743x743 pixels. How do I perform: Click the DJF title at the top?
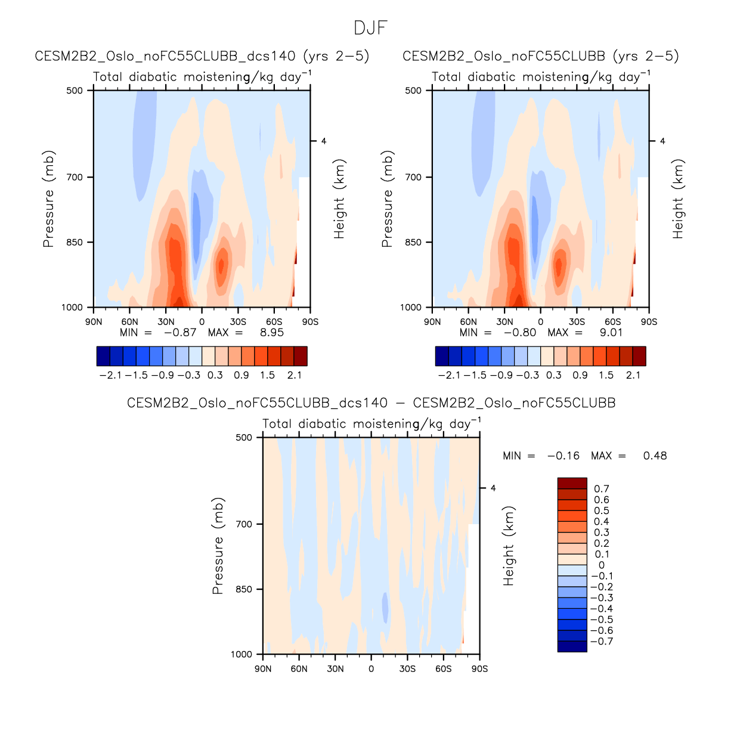point(371,28)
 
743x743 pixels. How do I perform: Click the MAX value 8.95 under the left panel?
point(271,333)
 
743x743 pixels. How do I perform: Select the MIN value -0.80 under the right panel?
point(520,333)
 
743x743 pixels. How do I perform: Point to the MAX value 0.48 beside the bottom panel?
point(655,456)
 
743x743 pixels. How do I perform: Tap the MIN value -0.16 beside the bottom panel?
point(563,456)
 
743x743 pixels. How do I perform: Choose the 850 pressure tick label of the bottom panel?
point(244,590)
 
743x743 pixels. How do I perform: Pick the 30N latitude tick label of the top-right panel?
point(504,322)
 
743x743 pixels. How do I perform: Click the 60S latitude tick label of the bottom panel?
point(443,669)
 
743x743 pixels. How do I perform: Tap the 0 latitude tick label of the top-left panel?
point(202,322)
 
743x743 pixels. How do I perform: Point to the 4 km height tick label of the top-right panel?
point(662,141)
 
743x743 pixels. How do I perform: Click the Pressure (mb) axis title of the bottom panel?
point(218,546)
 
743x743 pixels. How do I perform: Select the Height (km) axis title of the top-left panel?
point(340,199)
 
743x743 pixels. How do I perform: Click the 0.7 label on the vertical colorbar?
point(602,489)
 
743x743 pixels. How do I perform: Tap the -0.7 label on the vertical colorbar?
point(601,642)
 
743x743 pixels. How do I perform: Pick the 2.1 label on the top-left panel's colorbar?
point(295,375)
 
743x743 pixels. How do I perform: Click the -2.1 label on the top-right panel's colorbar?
point(448,375)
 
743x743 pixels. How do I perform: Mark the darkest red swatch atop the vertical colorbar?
point(572,484)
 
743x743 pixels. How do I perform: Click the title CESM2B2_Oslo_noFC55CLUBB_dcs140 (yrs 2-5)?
point(202,57)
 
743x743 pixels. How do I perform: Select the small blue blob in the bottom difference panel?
point(385,608)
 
